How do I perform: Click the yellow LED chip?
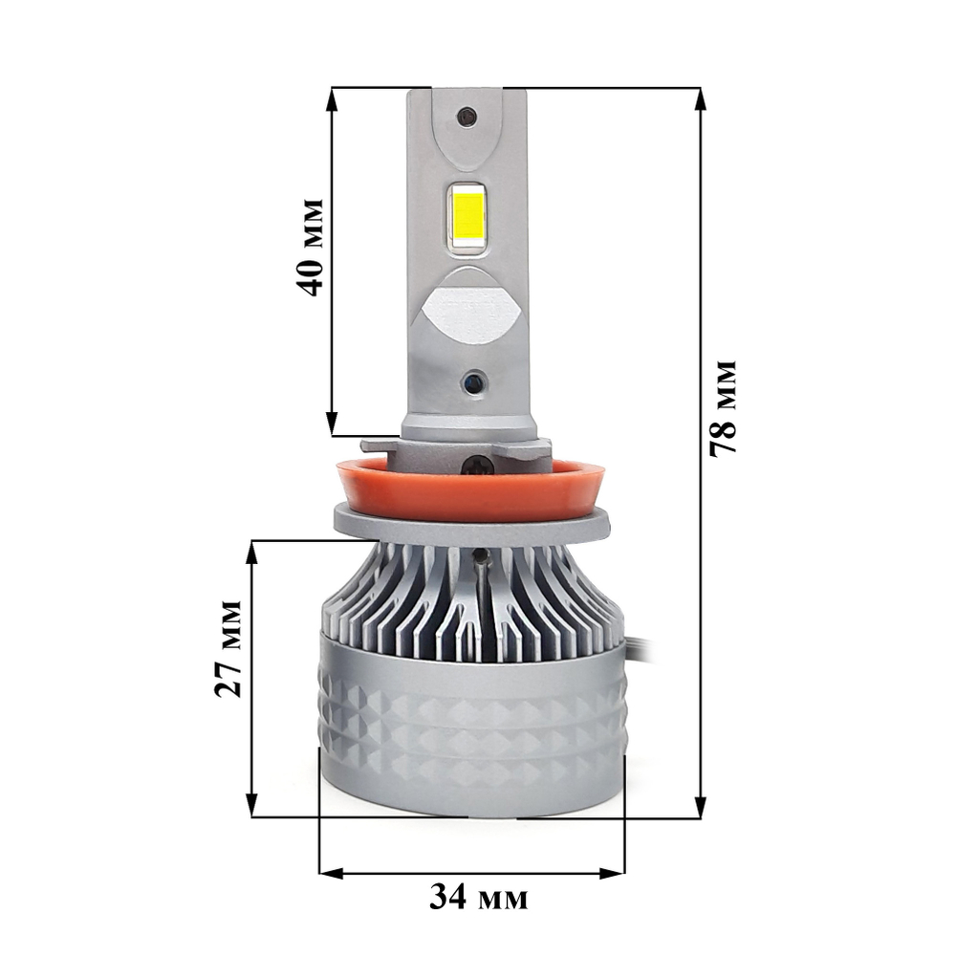(x=467, y=217)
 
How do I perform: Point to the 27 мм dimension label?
(x=229, y=649)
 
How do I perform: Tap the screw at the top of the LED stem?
(x=466, y=117)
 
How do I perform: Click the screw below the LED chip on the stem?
(x=473, y=381)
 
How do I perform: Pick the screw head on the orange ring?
(x=479, y=466)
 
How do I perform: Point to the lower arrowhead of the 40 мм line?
(x=332, y=425)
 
